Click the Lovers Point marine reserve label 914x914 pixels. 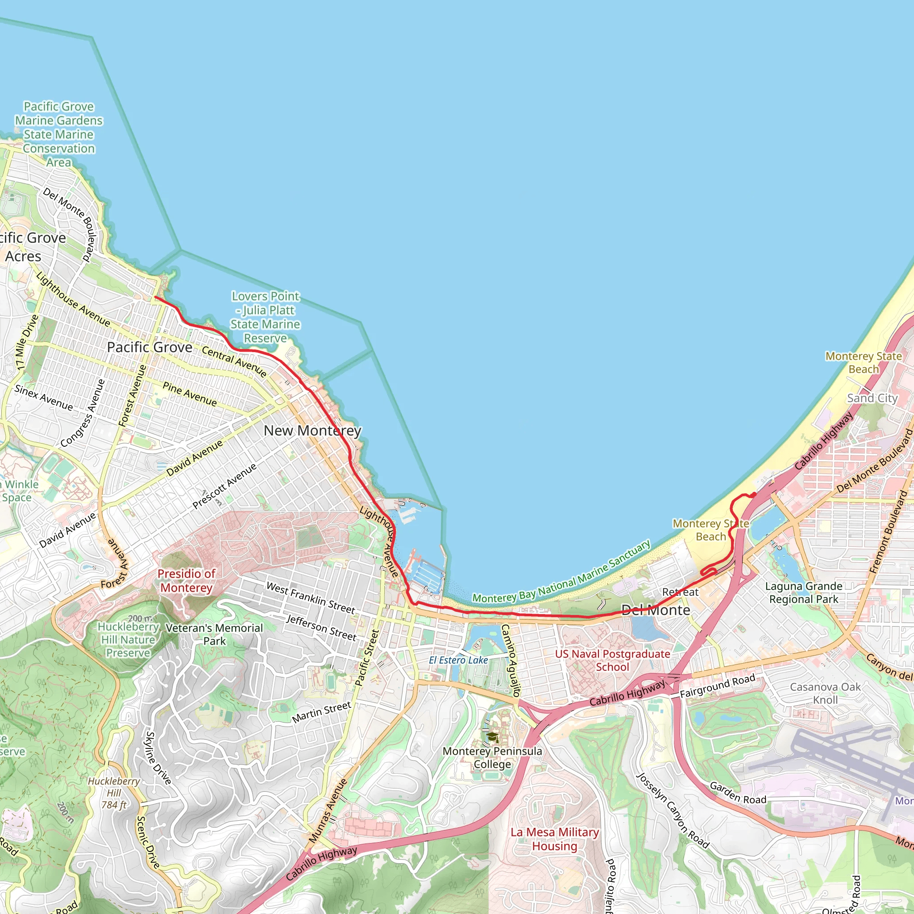266,317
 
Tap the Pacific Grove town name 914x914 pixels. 150,347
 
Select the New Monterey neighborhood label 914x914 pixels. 312,431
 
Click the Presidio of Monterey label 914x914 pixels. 187,581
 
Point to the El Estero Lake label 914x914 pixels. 458,660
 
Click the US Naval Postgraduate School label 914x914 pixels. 612,661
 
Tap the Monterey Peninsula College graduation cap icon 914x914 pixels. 493,736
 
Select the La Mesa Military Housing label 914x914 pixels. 554,839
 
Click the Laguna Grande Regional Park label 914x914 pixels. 803,593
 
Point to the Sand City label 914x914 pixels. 872,399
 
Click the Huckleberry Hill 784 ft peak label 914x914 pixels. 113,793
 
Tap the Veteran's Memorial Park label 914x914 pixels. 214,635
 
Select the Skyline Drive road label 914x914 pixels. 158,758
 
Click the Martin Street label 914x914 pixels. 321,712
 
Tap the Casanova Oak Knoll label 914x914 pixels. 825,693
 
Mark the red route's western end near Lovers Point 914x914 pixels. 156,298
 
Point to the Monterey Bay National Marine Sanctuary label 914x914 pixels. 561,573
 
